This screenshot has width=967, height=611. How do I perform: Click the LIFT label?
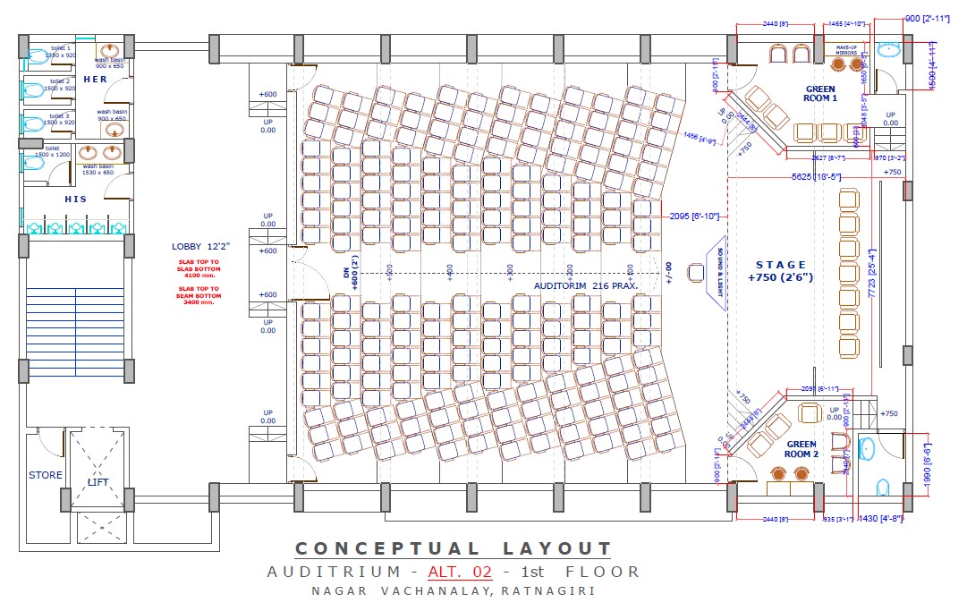click(x=98, y=482)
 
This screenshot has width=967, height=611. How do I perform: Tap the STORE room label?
click(x=46, y=475)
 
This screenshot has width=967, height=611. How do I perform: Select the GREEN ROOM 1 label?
click(x=820, y=94)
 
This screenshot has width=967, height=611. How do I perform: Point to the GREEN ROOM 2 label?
click(x=802, y=449)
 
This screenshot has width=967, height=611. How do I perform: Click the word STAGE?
click(x=781, y=265)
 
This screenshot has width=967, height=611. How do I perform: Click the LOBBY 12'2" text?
click(x=201, y=246)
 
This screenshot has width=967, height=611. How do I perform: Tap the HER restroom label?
click(x=96, y=80)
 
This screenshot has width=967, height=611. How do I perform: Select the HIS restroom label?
click(x=76, y=199)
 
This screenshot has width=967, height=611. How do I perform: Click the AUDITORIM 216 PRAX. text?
click(x=585, y=284)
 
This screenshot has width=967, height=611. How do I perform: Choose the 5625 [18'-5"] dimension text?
click(x=816, y=177)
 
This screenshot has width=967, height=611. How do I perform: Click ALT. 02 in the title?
click(x=460, y=572)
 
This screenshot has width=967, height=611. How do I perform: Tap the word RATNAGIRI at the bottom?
click(x=548, y=590)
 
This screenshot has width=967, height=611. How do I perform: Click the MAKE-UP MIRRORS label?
click(x=846, y=50)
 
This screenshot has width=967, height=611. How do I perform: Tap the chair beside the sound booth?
click(x=695, y=272)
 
